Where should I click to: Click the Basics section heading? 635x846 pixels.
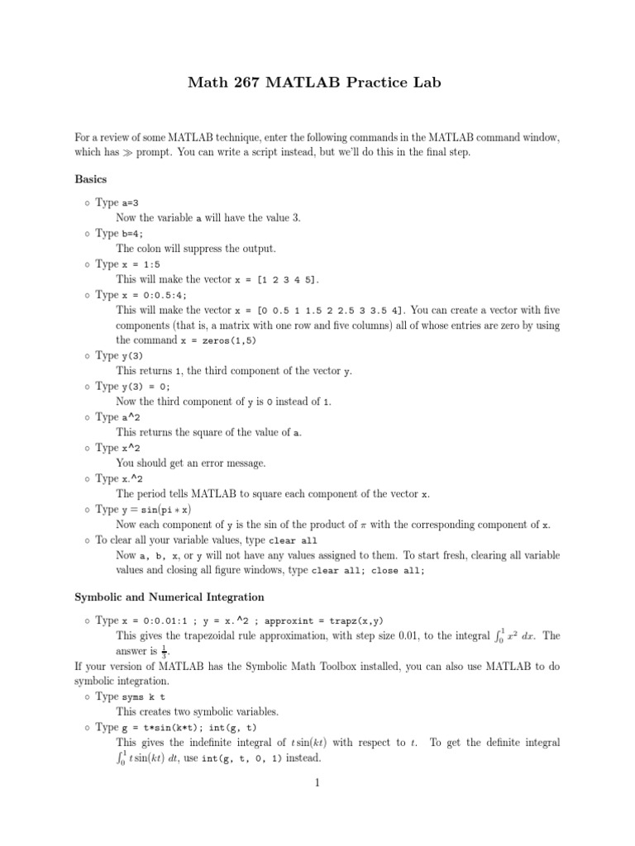point(92,178)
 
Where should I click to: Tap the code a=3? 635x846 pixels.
point(132,202)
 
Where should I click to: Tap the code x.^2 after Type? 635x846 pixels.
point(133,479)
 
